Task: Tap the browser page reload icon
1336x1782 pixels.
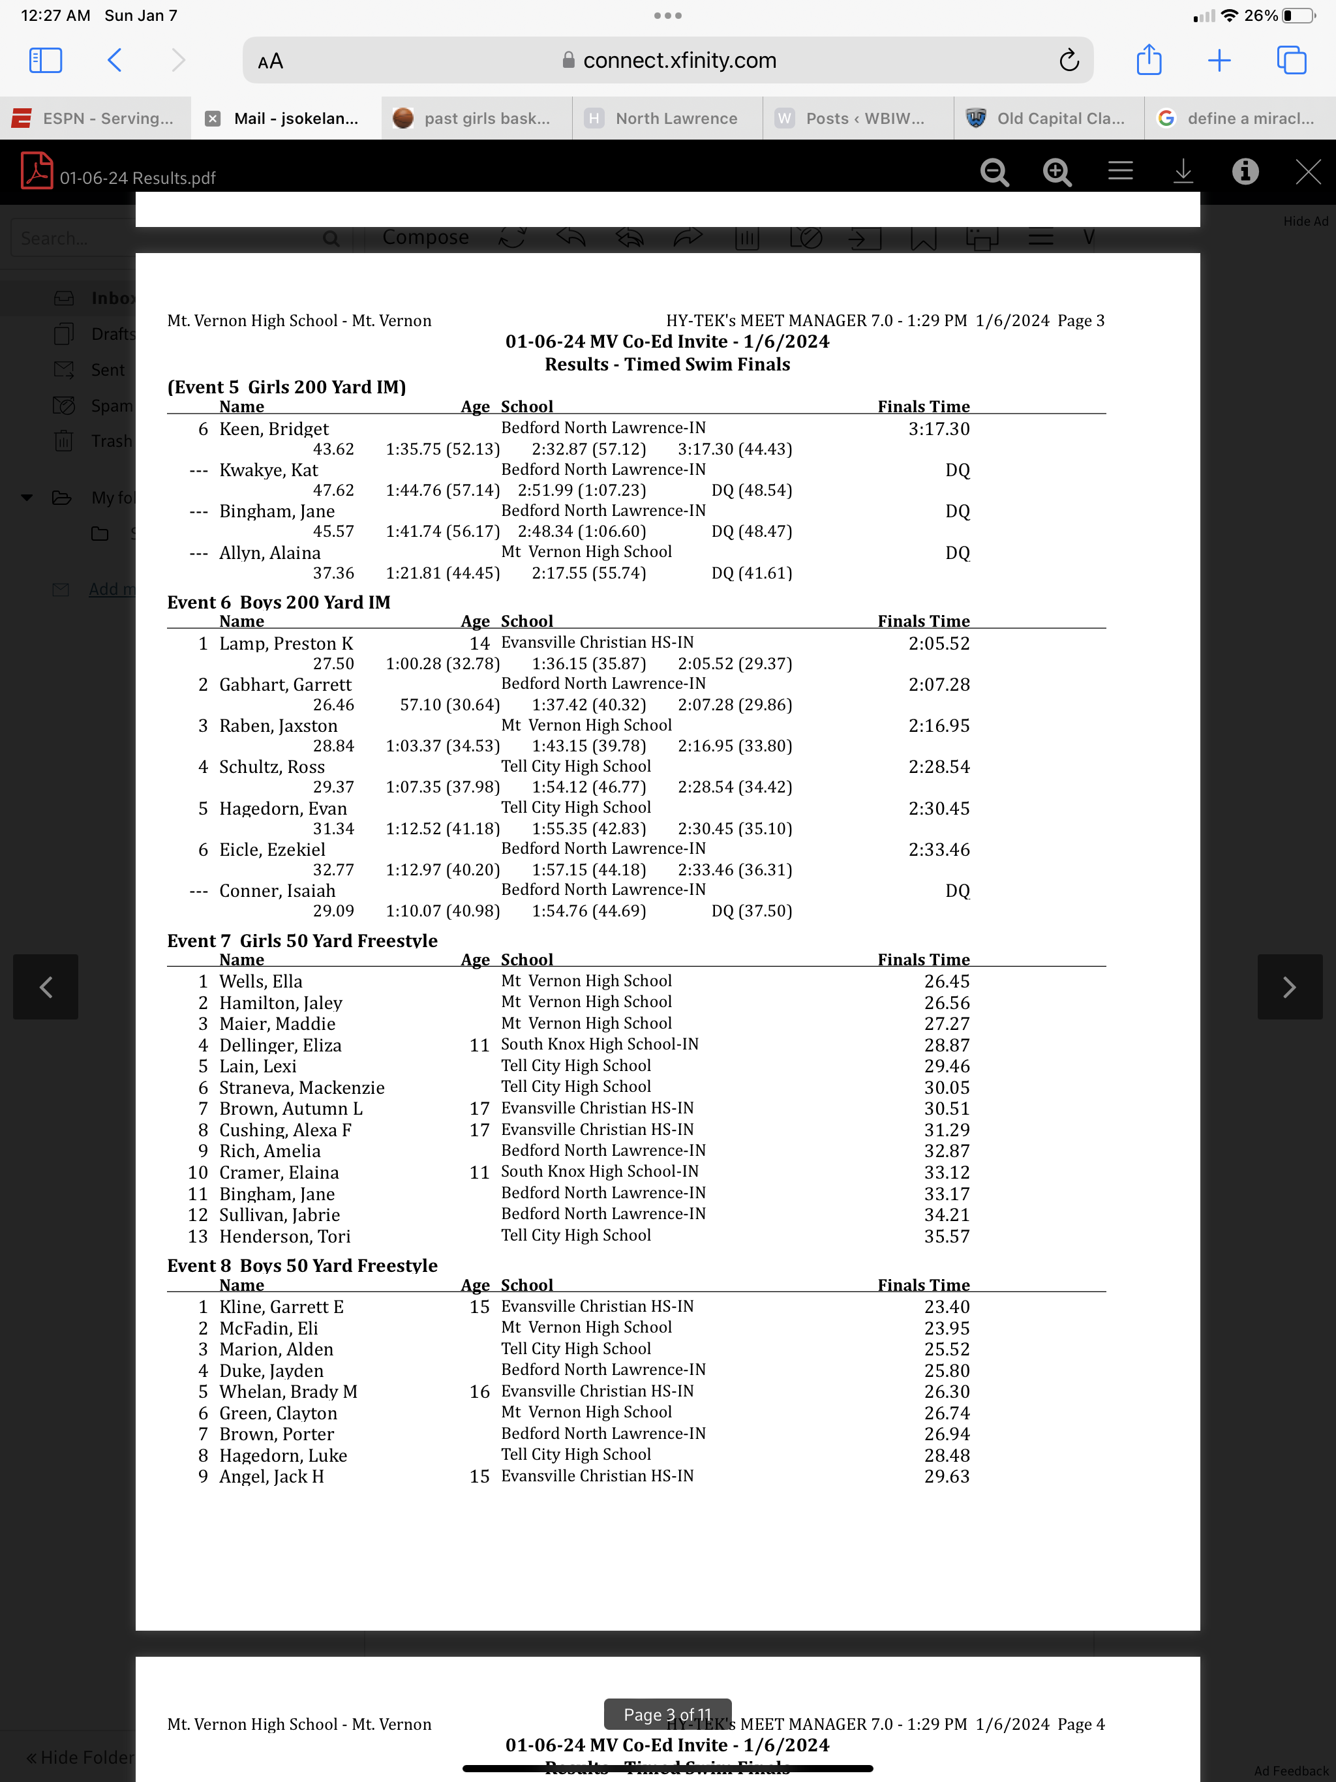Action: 1069,61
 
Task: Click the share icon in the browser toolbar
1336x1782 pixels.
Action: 1148,61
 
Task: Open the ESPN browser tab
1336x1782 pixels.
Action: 95,119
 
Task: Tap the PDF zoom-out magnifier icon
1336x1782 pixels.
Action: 994,172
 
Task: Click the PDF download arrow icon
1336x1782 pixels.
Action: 1182,172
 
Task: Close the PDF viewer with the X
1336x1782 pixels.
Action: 1307,172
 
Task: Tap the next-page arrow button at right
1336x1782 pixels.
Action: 1288,987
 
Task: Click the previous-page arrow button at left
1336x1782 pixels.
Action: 46,987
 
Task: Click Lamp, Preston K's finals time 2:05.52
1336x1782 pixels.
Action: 939,644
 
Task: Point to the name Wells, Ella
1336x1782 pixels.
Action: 260,981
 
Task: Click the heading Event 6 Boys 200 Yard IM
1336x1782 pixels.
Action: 278,603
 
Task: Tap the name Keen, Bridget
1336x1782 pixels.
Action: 274,429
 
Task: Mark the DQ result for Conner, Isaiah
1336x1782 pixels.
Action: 957,891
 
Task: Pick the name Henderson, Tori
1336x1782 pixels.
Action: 284,1237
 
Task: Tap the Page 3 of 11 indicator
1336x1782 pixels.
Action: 667,1714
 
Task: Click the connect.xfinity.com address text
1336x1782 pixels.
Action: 678,61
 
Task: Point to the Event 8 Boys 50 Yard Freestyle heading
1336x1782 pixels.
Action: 302,1265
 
